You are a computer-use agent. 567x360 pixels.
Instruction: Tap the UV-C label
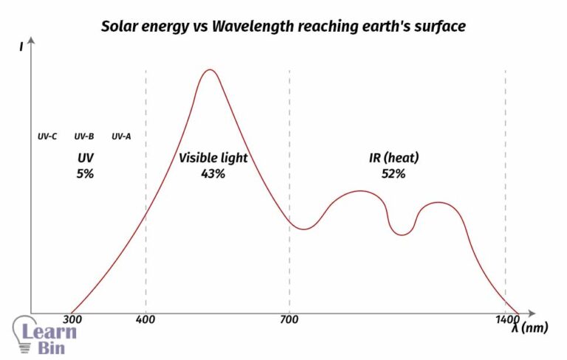(47, 136)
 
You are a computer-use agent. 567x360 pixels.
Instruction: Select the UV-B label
(84, 136)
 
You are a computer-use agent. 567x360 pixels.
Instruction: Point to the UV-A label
(122, 136)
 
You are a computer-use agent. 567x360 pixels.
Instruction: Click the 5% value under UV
(86, 174)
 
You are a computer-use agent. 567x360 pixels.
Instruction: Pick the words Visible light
(213, 158)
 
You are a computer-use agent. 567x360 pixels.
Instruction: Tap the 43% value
(213, 174)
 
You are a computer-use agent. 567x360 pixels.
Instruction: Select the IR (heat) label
(394, 158)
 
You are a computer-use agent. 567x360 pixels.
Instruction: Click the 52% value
(394, 174)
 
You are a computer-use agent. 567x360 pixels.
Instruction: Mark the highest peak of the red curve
(210, 70)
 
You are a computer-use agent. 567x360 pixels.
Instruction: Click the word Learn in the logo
(49, 331)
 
